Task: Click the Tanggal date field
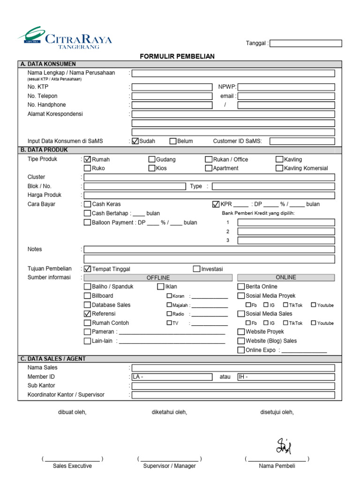(306, 44)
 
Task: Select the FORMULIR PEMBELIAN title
(177, 56)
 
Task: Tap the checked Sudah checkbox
(135, 141)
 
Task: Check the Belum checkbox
(173, 141)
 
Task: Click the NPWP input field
(286, 87)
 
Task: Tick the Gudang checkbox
(152, 159)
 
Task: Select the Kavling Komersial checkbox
(279, 168)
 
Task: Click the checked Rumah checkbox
(87, 159)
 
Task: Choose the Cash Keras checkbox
(87, 204)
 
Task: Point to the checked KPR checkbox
(216, 204)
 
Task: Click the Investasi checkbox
(196, 269)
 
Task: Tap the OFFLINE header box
(158, 278)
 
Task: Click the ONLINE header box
(286, 277)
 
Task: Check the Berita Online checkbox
(241, 287)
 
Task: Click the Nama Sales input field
(233, 368)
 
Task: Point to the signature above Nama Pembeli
(284, 446)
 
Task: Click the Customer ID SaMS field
(302, 141)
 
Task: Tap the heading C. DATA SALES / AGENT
(53, 359)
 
